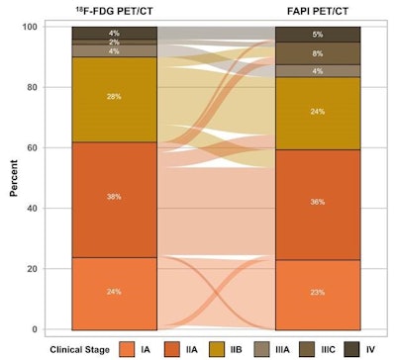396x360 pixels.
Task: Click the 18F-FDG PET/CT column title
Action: click(x=114, y=13)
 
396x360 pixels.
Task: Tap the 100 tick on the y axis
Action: click(x=52, y=27)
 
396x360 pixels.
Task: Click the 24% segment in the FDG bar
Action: click(x=114, y=293)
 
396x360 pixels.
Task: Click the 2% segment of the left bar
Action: click(x=114, y=43)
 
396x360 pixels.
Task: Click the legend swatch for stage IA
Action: click(x=127, y=349)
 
